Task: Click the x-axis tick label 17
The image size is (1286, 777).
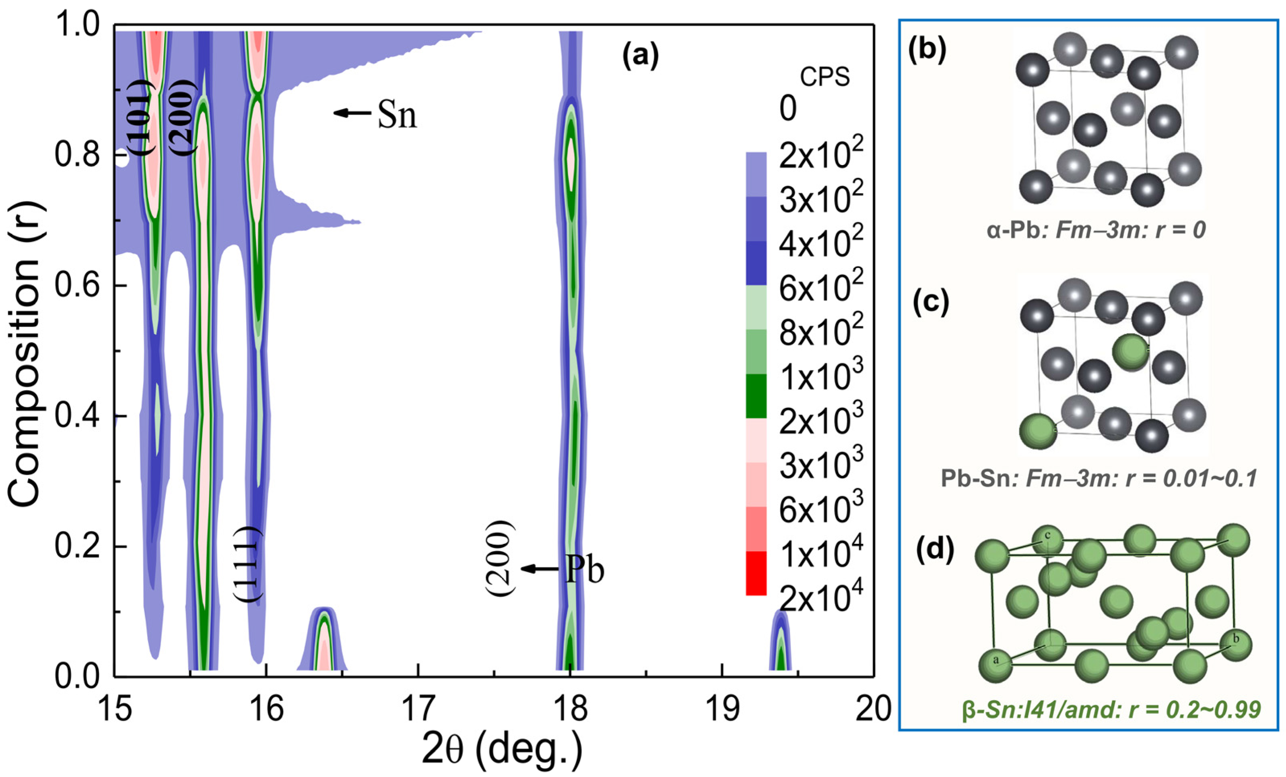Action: (418, 710)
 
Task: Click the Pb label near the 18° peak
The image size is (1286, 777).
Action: (564, 569)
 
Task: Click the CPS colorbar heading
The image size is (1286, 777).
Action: (824, 77)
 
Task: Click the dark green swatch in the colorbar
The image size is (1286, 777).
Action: (756, 396)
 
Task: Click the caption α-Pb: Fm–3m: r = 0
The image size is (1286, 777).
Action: (1096, 230)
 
